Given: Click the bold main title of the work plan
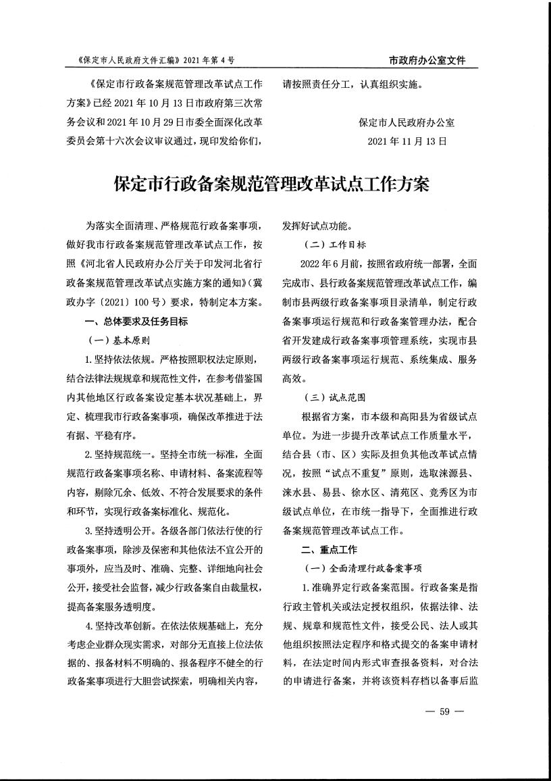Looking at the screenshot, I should [271, 184].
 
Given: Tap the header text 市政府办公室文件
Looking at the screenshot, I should [427, 60].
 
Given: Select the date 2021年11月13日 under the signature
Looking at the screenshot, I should [408, 142].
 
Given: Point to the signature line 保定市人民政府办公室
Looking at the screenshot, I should [407, 123].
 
